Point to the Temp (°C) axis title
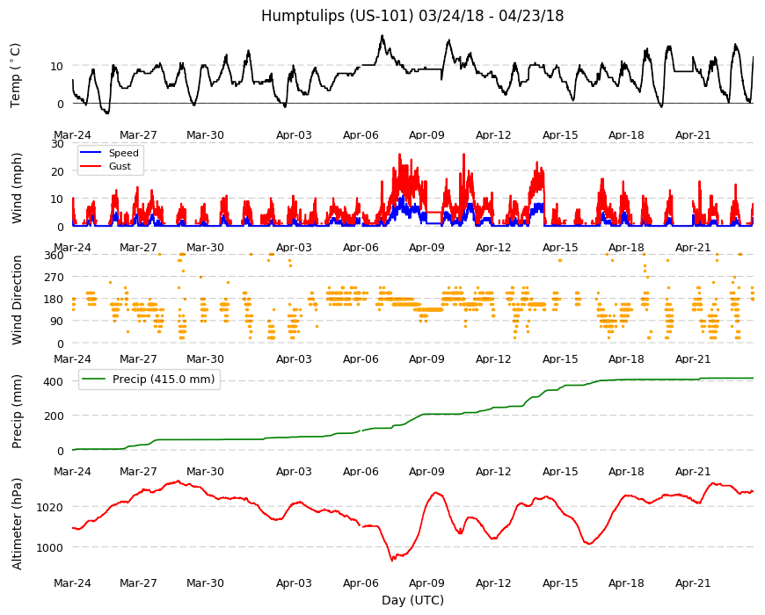(x=16, y=75)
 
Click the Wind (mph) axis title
(x=17, y=188)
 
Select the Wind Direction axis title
(x=17, y=300)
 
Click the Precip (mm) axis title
(x=17, y=411)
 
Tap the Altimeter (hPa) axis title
(x=17, y=524)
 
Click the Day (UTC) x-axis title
(x=412, y=600)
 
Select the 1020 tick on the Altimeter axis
(x=50, y=507)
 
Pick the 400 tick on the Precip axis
(x=54, y=381)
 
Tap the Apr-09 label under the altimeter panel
(x=426, y=582)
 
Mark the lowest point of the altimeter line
(x=392, y=561)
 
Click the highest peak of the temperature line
(x=382, y=35)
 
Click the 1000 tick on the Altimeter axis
(x=50, y=547)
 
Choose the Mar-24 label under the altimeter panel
(x=72, y=582)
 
